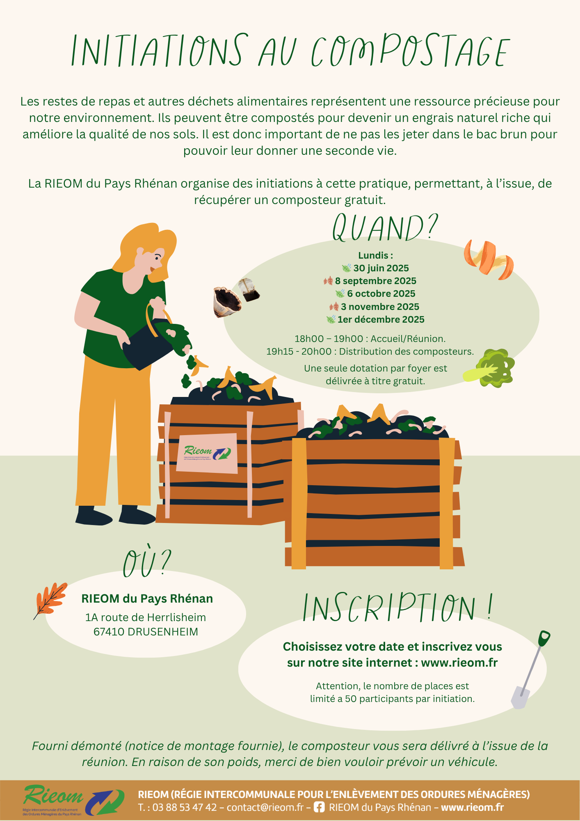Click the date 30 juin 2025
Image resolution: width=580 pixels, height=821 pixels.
[381, 268]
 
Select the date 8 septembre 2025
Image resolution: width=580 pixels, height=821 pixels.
[375, 281]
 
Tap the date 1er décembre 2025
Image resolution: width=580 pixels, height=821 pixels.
[381, 319]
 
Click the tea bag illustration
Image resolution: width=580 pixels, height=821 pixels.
[249, 290]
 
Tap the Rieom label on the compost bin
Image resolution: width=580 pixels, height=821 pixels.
[207, 453]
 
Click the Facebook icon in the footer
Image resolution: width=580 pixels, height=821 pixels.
[319, 807]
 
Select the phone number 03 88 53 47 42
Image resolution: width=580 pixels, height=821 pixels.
[185, 807]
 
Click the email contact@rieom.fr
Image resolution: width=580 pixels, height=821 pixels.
[265, 807]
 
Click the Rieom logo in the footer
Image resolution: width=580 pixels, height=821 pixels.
[73, 800]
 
